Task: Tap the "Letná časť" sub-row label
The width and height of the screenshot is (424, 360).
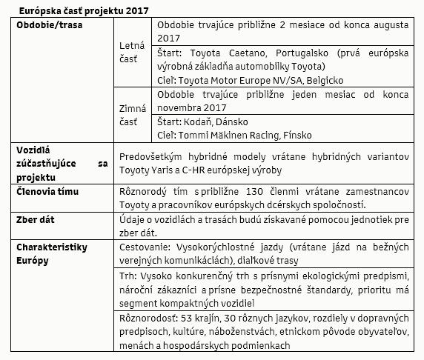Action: coord(133,51)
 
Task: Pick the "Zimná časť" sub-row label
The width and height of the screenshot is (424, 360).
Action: coord(133,114)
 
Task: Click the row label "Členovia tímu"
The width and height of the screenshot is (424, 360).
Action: coord(48,192)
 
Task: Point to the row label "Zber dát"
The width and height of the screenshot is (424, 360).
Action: coord(40,220)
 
